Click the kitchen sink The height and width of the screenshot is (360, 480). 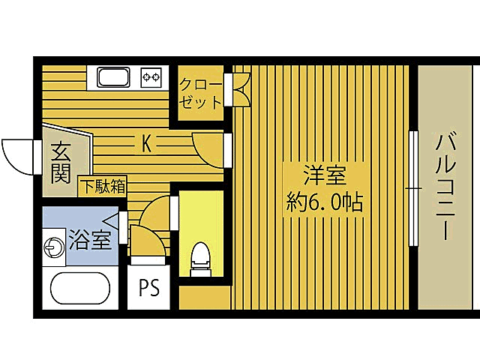coord(112,76)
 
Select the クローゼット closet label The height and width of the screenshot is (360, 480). coord(201,92)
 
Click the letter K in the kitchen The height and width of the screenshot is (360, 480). coord(148,143)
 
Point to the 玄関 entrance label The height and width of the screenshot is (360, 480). coord(61,163)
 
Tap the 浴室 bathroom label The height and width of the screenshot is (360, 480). coord(91,240)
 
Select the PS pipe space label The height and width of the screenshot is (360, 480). coord(149,289)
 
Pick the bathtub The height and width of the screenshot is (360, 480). coord(79,289)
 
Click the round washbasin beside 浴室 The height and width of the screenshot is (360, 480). coord(54,246)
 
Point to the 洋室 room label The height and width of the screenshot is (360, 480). coord(324,177)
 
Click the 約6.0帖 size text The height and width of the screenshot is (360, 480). coord(324,202)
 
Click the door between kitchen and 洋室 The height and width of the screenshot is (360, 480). coord(210,148)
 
